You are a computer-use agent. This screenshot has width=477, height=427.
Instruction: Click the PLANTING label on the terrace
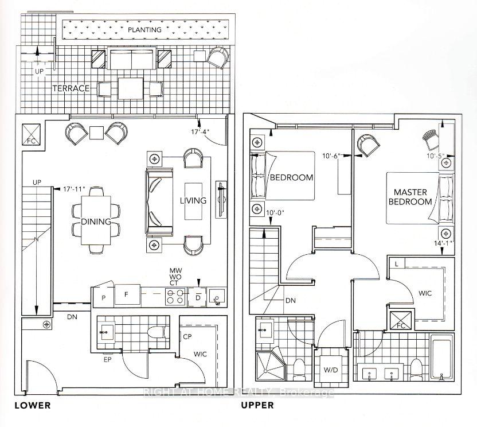[x=144, y=29]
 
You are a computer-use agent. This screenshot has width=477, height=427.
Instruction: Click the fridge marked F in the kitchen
[x=127, y=296]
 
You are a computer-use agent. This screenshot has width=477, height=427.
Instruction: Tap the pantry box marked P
[x=104, y=298]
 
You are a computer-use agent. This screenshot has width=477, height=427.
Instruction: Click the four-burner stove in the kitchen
[x=175, y=296]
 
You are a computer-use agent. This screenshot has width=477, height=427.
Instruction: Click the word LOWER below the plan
[x=33, y=405]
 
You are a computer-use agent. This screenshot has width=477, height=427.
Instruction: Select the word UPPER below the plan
[x=257, y=405]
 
